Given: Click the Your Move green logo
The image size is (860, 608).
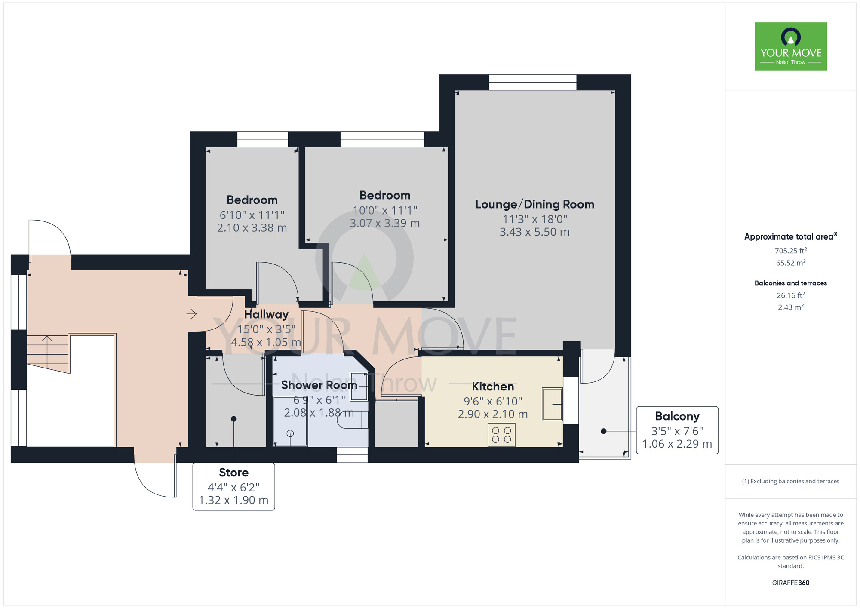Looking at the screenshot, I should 790,46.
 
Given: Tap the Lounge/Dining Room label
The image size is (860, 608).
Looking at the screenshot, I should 534,204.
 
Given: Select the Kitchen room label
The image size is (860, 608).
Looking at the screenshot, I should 493,387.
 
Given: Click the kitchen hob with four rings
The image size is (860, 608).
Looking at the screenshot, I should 501,435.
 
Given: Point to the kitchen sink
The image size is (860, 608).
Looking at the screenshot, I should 552,404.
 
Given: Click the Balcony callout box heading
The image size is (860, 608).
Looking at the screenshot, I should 677,416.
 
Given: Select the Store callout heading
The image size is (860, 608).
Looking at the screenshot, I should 233,473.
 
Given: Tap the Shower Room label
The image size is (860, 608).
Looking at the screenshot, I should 319,385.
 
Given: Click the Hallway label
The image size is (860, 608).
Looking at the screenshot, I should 266,314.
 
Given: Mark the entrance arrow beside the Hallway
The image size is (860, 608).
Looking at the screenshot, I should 191,314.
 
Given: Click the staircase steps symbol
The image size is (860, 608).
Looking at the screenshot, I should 47,353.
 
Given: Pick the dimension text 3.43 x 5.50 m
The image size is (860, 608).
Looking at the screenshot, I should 534,232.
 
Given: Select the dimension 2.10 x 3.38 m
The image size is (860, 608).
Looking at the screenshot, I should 252,228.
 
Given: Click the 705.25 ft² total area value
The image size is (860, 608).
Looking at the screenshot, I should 790,251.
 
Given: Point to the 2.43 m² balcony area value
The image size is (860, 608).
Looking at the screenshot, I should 790,307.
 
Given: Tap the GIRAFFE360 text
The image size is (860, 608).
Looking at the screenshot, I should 790,583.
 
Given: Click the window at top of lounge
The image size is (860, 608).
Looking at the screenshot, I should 532,82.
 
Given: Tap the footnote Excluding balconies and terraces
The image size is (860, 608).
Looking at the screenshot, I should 790,481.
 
